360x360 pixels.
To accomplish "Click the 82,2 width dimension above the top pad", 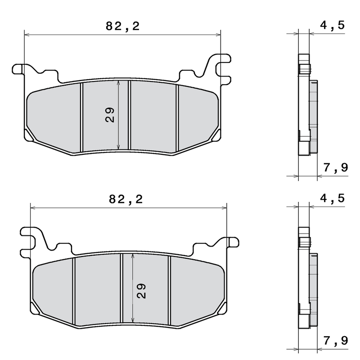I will click(122, 27).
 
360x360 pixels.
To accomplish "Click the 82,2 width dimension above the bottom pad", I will click(126, 200).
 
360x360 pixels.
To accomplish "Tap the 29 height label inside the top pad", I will click(110, 115).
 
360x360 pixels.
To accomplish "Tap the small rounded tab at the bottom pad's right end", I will click(232, 242).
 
